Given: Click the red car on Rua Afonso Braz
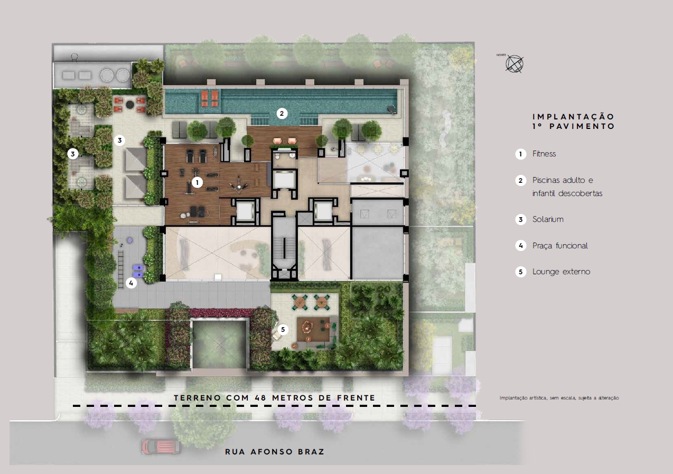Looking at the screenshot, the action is pos(161,446).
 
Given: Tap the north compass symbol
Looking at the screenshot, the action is pos(515,64).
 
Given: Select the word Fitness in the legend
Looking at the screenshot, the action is pos(544,154).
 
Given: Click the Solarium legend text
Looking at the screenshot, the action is pos(548,219).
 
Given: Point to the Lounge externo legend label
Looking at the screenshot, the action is pos(561,272).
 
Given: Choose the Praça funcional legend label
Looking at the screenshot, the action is pos(560,246).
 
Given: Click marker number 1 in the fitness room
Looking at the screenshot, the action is pos(197,182).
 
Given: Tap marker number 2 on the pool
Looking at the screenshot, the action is pos(282,113).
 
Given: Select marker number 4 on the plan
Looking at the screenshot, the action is pos(131,283).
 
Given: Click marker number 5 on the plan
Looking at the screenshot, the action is pos(283,330).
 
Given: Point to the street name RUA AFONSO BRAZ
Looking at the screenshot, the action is pos(275,452).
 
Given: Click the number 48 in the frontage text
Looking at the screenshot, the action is pos(260,398).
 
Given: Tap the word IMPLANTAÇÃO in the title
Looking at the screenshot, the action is pos(573,117).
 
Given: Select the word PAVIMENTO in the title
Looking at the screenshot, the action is pos(582,126).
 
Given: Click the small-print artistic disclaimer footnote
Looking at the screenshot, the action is pos(559,398).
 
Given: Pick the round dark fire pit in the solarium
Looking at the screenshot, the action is pos(130,104).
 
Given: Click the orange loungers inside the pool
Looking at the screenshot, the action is pos(210,98).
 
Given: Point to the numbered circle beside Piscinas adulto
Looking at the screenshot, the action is pos(521,181).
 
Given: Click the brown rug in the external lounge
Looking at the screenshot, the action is pos(313,329).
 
